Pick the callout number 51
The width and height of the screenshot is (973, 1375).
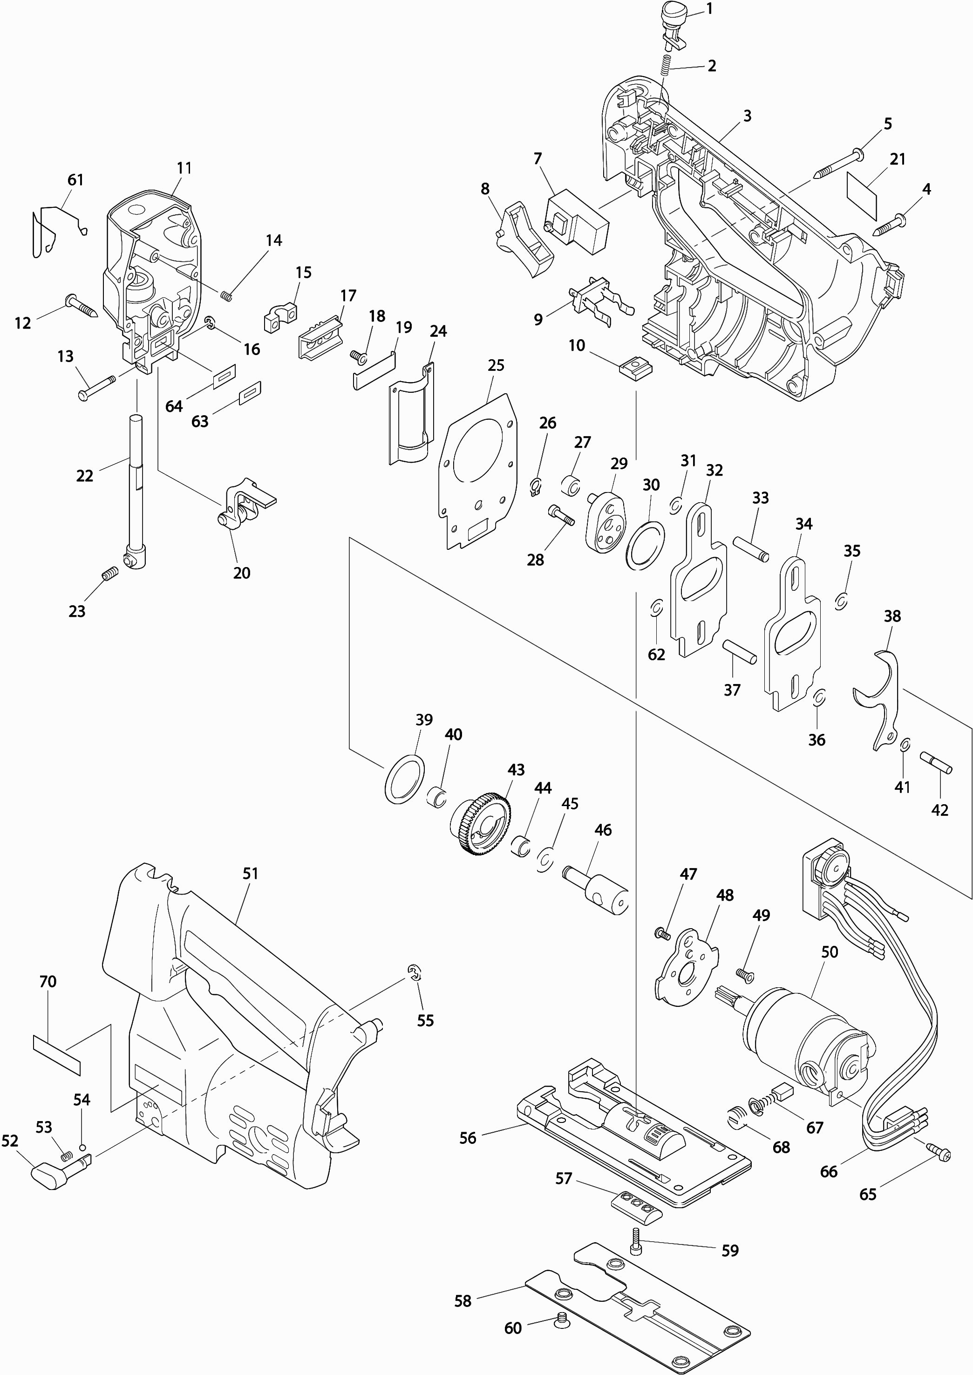251,873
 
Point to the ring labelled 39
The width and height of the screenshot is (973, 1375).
404,778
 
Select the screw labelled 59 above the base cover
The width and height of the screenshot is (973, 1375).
635,1240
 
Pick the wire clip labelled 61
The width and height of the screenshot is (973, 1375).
57,228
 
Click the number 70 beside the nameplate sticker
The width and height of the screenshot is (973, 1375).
48,982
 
